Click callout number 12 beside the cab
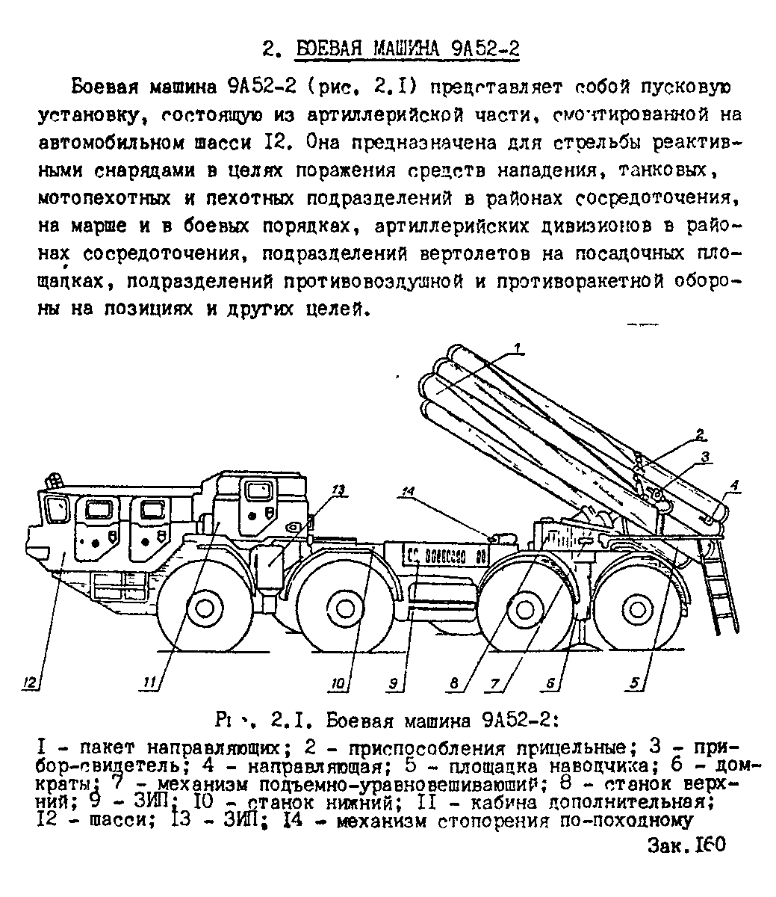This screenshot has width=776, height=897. [x=30, y=682]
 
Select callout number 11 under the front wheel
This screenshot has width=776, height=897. [x=150, y=682]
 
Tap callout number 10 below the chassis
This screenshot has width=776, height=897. [x=338, y=682]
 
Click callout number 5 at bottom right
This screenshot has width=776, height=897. [x=634, y=682]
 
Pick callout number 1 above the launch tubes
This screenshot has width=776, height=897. [x=518, y=346]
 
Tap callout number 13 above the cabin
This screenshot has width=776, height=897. [x=338, y=490]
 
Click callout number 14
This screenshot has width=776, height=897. [x=407, y=492]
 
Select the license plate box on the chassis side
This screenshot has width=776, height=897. [x=445, y=556]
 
